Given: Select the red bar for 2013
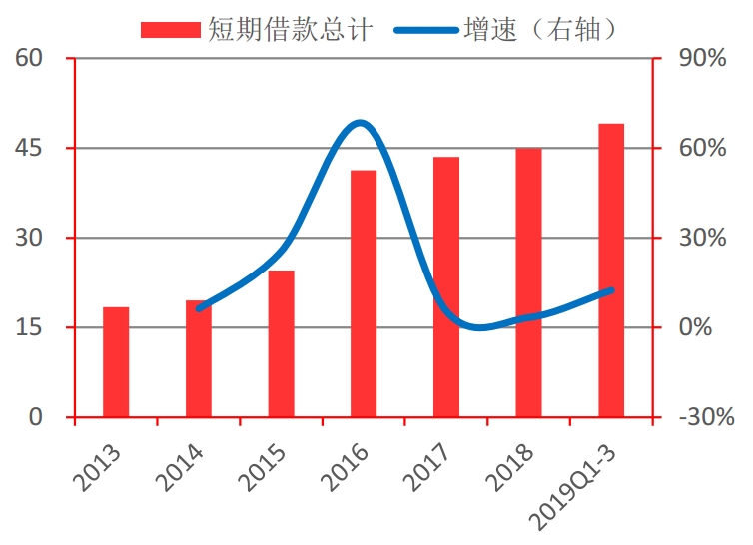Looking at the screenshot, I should [116, 361].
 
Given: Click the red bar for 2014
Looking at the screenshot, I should [199, 358].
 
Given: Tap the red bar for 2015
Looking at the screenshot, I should [281, 343].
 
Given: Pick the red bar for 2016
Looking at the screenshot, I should [364, 293].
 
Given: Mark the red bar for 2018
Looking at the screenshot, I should [528, 282].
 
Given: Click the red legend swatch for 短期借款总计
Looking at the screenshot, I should [172, 30].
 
